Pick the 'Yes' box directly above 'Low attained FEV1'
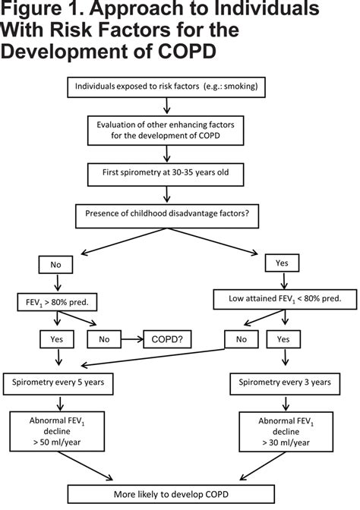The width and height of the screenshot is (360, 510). (x=282, y=263)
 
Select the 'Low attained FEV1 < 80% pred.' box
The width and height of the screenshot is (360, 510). (x=282, y=299)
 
